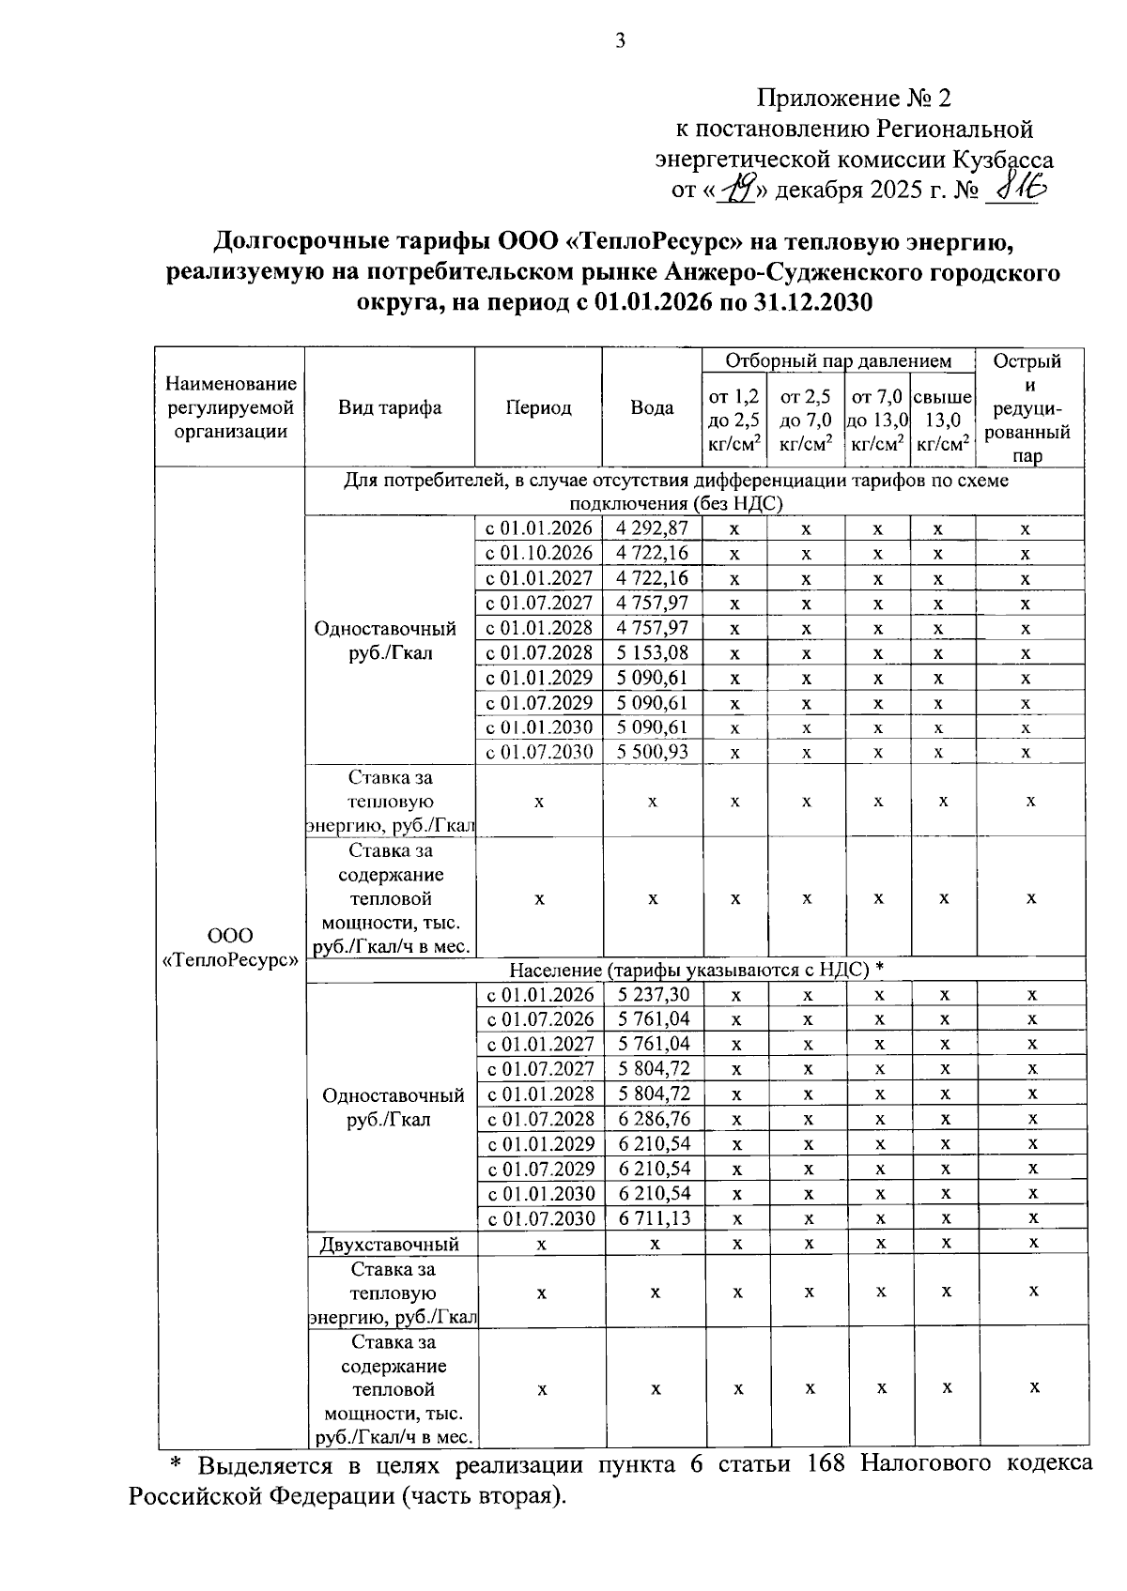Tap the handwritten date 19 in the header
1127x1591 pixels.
739,190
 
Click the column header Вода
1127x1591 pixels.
652,408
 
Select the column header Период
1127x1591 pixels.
538,408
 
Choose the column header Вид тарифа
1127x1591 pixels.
390,408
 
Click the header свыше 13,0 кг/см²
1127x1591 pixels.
943,421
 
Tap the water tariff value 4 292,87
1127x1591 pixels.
652,528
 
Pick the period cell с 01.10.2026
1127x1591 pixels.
538,553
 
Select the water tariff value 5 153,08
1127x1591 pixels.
652,652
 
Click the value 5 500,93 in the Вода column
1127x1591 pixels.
652,752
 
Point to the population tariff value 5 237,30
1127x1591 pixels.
654,995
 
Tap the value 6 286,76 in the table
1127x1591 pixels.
654,1119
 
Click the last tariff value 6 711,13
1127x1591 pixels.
654,1218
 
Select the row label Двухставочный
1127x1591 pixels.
390,1245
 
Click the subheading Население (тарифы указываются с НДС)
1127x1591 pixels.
696,969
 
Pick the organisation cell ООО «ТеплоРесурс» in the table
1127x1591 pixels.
230,948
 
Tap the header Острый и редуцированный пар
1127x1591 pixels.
1030,408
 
